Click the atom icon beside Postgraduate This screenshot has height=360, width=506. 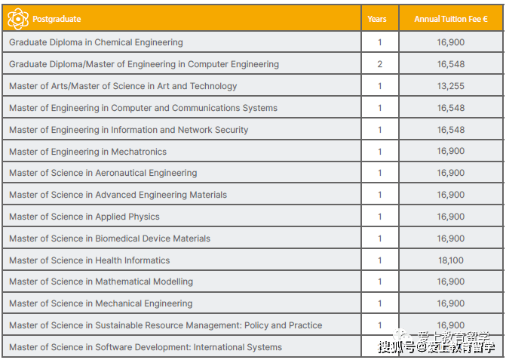(x=18, y=19)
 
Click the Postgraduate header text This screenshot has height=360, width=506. (x=57, y=19)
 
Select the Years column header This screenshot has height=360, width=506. (x=377, y=19)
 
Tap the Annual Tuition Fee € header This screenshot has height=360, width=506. (x=451, y=19)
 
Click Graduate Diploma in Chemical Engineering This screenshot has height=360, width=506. (x=96, y=42)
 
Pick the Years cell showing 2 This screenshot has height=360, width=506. (x=379, y=64)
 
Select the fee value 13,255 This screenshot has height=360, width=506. (x=451, y=86)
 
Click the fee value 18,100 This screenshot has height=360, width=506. (x=451, y=260)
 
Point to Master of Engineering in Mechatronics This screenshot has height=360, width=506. (x=87, y=152)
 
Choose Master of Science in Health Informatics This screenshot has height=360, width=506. (x=89, y=260)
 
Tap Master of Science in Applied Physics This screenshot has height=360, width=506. (x=84, y=217)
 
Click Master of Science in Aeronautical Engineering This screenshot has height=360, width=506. (x=103, y=173)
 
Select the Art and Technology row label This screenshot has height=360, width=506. (x=123, y=86)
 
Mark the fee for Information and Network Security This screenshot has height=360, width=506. (x=451, y=130)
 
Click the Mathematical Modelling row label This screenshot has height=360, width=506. (x=101, y=282)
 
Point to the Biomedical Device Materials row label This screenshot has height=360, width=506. (x=109, y=238)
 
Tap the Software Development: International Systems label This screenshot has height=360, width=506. (x=146, y=347)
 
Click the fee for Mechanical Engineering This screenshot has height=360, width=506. (x=451, y=303)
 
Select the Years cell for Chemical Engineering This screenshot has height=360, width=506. (x=379, y=42)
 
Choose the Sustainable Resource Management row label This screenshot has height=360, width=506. (x=165, y=325)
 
